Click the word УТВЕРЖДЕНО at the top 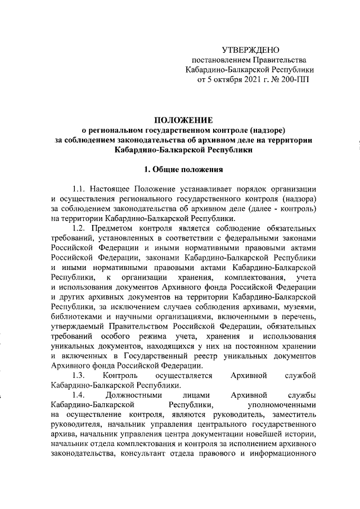click(x=250, y=50)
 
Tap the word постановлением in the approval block click(x=219, y=60)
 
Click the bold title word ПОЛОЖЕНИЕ click(x=184, y=120)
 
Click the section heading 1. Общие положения click(x=184, y=169)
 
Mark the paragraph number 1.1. click(x=81, y=188)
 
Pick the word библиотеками click(x=76, y=317)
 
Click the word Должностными click(x=143, y=395)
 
